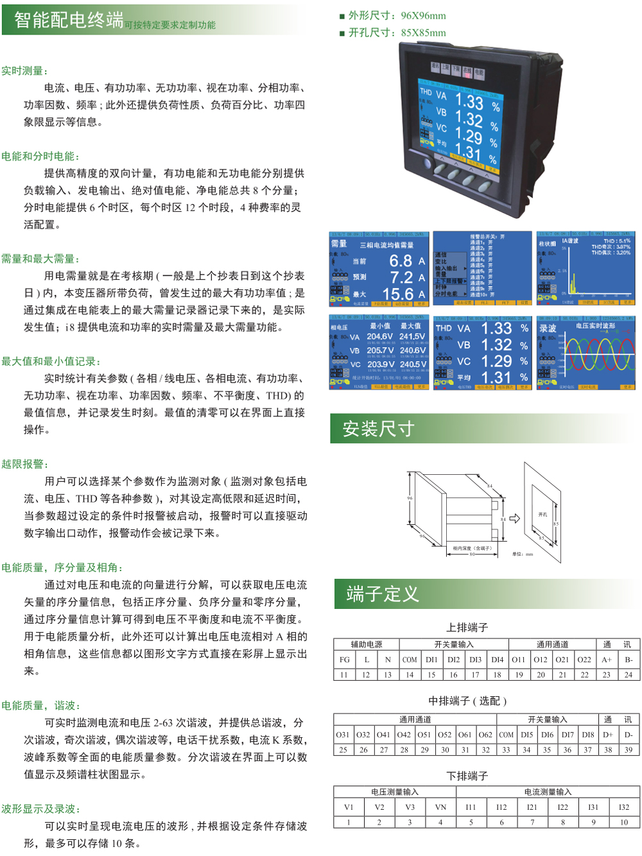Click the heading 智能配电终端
(x=69, y=21)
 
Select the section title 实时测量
(x=24, y=71)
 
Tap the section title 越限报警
(x=24, y=464)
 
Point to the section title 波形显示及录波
(x=41, y=809)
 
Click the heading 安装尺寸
(x=378, y=429)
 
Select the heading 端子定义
(x=383, y=594)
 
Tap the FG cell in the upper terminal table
(x=345, y=660)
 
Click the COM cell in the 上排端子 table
(x=410, y=660)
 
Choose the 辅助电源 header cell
(x=367, y=644)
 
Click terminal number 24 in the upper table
(x=629, y=674)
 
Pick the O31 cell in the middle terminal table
(x=343, y=735)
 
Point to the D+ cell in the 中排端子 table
(x=608, y=735)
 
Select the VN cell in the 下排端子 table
(x=440, y=807)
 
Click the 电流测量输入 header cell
(x=548, y=792)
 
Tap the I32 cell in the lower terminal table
(x=624, y=807)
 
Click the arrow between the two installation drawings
(x=515, y=518)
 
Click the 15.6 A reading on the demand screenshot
(x=404, y=294)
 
